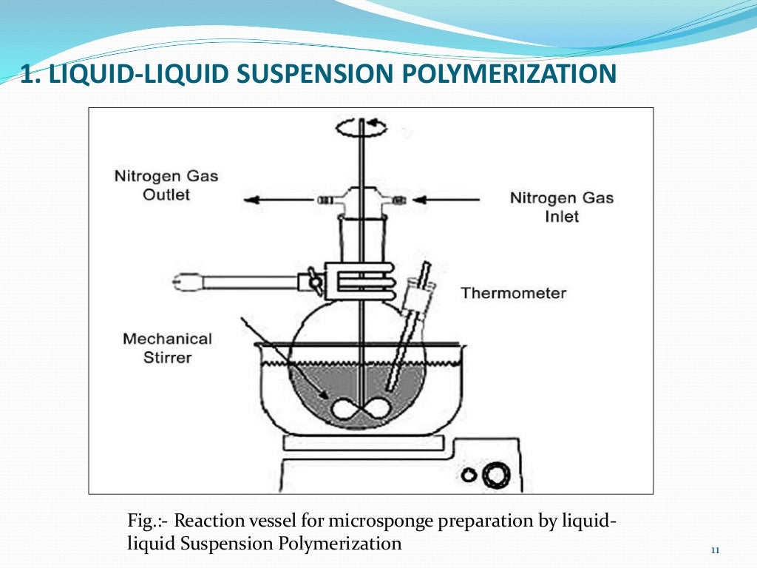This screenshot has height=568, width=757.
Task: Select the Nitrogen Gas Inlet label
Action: pyautogui.click(x=562, y=208)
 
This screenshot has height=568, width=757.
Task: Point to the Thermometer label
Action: pyautogui.click(x=513, y=293)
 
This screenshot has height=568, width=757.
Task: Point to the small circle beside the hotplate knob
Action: pyautogui.click(x=468, y=475)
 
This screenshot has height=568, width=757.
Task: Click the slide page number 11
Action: pyautogui.click(x=714, y=550)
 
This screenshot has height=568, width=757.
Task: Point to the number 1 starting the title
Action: pyautogui.click(x=27, y=75)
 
